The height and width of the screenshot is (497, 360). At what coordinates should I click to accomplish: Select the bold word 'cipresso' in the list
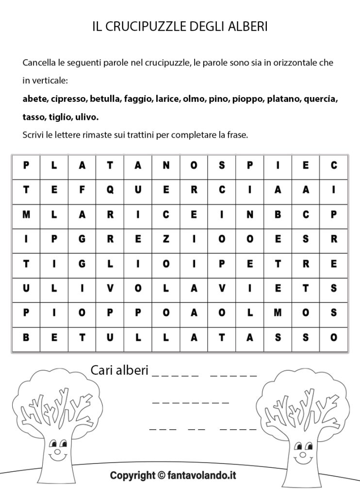click(x=68, y=99)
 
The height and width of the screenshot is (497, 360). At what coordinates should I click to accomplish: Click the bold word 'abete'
click(x=34, y=99)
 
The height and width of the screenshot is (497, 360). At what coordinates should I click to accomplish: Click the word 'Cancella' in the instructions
click(x=40, y=63)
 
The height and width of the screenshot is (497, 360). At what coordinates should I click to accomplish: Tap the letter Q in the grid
click(x=110, y=191)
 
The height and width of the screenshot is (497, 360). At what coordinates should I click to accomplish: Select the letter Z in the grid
click(x=166, y=239)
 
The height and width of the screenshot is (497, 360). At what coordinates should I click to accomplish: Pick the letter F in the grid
click(x=82, y=191)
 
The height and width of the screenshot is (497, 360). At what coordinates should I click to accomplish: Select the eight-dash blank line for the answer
click(x=190, y=402)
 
